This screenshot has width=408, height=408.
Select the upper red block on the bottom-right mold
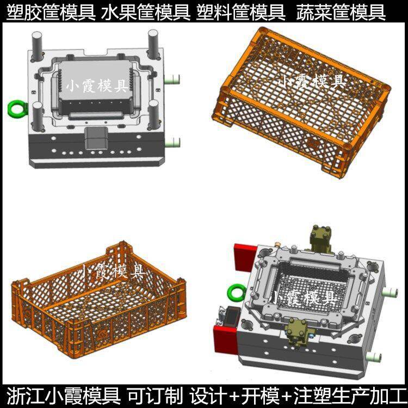pos(245,257)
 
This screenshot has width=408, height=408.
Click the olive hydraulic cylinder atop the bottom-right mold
pos(320,239)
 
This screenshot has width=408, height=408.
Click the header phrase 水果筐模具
pos(146,13)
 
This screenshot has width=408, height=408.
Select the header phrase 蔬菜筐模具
pos(341,13)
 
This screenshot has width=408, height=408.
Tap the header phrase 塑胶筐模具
pos(51,13)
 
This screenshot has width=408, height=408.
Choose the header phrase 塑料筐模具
pos(240,13)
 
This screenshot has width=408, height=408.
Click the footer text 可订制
pos(155,396)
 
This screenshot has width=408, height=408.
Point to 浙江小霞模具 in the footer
pos(63,396)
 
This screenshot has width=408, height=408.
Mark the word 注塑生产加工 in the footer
pos(349,396)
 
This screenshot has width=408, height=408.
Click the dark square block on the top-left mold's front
pos(96,138)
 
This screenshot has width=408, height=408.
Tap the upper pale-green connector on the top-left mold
pos(172,79)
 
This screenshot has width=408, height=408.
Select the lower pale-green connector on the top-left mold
pos(172,143)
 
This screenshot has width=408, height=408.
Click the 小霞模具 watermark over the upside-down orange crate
pos(312,81)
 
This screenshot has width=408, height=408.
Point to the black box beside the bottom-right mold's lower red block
pos(229,317)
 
